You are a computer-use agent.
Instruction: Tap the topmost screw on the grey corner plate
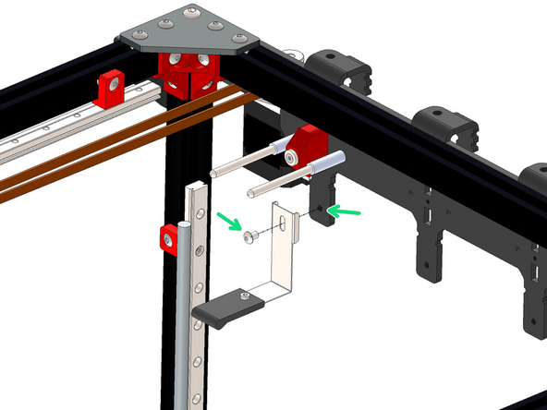[191, 12]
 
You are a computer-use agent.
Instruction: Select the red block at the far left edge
[112, 85]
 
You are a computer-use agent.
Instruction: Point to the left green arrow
[227, 221]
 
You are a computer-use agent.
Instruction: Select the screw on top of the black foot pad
[244, 296]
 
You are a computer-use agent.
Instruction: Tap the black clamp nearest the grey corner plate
[337, 71]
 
